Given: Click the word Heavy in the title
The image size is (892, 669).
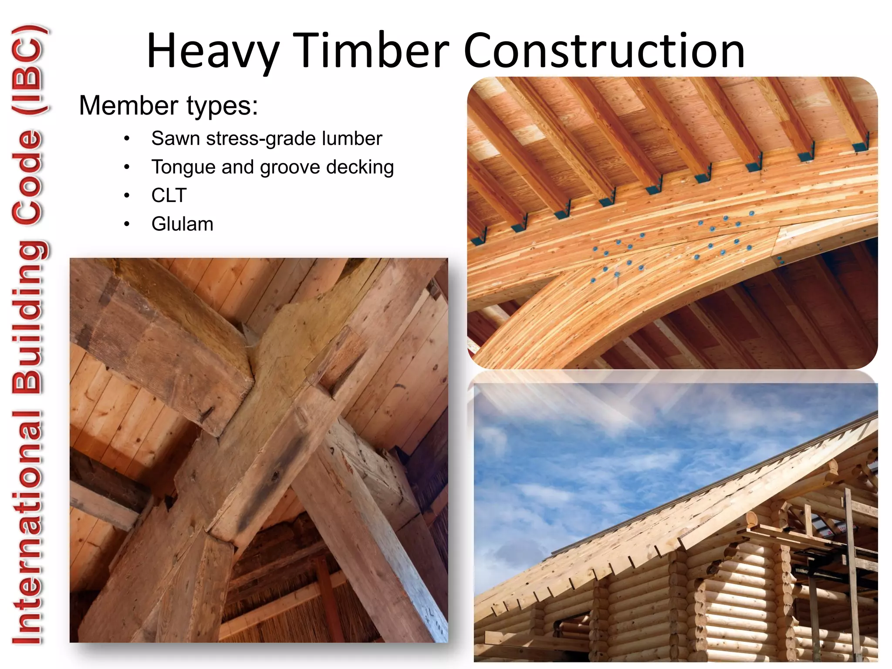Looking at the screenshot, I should [213, 51].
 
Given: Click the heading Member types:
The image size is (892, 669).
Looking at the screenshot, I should [168, 106].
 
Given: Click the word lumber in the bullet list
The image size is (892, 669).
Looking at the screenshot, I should [351, 139].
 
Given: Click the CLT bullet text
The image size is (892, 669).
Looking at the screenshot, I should [169, 196].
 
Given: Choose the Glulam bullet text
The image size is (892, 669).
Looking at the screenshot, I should [182, 224].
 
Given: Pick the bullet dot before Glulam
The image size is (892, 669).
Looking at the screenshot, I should [127, 224].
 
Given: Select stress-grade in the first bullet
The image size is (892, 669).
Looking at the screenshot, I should [261, 139].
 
